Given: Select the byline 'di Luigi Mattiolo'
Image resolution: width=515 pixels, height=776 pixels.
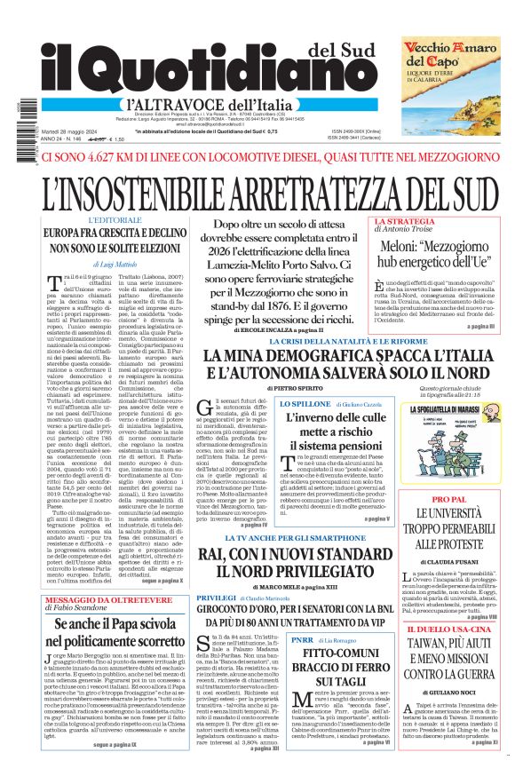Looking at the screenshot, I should click(x=115, y=265).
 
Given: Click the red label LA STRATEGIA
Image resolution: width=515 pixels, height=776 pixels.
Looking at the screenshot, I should click(x=404, y=220).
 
